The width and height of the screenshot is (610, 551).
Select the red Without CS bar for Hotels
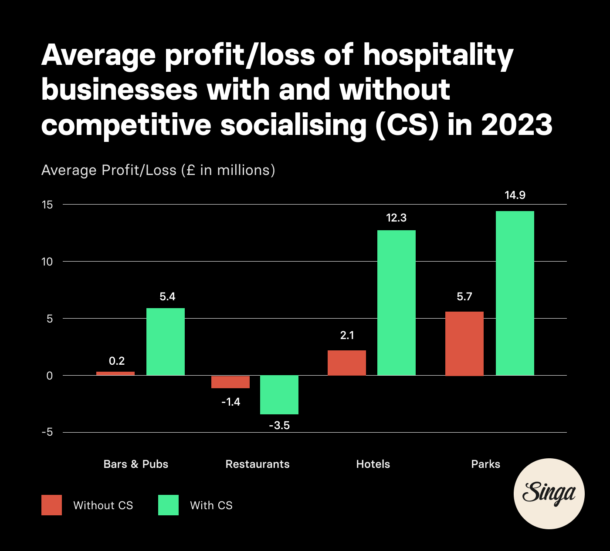[x=347, y=363]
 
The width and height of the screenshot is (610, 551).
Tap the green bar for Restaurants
[x=279, y=395]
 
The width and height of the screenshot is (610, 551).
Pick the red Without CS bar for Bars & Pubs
[x=115, y=373]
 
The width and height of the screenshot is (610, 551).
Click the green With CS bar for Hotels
[x=396, y=302]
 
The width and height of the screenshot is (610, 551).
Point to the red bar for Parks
[x=464, y=343]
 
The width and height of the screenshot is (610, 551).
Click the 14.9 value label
[x=515, y=195]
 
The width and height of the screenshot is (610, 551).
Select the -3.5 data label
[x=279, y=425]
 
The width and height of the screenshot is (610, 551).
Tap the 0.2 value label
[x=117, y=361]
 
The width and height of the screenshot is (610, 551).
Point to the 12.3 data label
[x=396, y=218]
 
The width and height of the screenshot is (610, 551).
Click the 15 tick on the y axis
[x=47, y=205]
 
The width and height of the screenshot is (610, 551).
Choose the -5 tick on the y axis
[x=47, y=432]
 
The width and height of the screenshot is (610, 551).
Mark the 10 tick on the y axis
[x=47, y=262]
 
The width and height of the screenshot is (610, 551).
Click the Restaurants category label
[x=258, y=464]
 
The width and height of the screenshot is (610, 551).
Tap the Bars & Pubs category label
[x=136, y=464]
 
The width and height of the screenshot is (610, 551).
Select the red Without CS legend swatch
[x=51, y=505]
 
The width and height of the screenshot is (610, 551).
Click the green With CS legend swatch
[x=168, y=505]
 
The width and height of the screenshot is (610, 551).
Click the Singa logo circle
[x=549, y=494]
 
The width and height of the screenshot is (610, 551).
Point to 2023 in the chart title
[x=517, y=125]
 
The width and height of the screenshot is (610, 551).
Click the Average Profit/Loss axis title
[x=158, y=170]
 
